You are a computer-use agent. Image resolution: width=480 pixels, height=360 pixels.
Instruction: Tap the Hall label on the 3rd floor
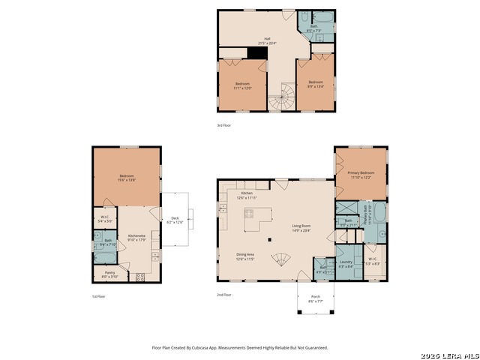266,41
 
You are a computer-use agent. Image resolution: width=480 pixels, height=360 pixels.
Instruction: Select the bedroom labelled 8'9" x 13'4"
315,83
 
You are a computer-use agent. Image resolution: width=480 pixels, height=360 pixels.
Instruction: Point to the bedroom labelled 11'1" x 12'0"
241,85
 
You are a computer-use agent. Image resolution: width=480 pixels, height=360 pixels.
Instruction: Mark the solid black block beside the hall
238,53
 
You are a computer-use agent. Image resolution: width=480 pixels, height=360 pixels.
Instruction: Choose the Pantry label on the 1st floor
109,274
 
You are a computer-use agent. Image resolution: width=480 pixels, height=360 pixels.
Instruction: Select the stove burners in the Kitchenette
139,276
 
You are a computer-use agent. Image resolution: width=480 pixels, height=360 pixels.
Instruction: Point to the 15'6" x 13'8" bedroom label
125,178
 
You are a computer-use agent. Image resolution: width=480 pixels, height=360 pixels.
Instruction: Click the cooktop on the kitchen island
248,214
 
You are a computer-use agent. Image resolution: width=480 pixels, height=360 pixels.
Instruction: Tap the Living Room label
301,226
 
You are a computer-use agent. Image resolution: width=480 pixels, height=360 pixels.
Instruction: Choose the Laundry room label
346,263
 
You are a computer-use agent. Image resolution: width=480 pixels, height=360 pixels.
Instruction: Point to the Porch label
316,298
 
